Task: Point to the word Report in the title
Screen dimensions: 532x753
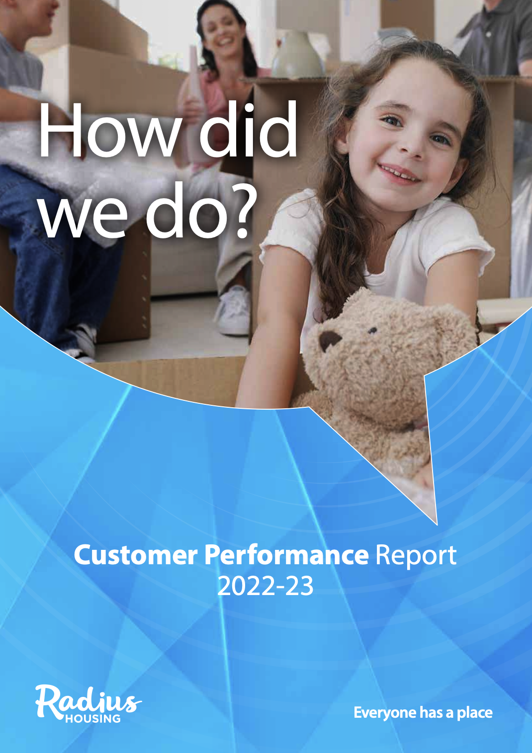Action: tap(416, 556)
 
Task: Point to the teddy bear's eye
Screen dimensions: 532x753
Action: tap(372, 331)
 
